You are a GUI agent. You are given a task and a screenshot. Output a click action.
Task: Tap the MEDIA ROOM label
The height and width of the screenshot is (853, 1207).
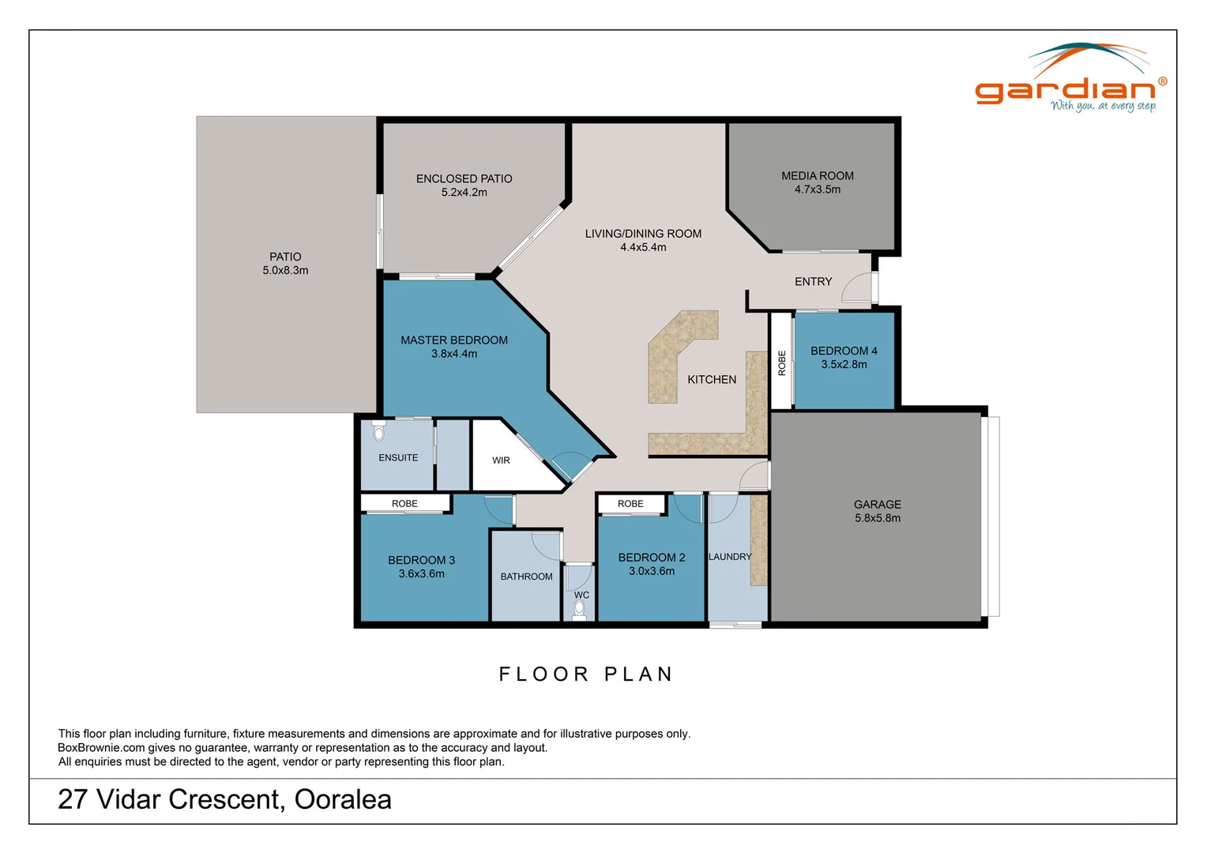click(818, 176)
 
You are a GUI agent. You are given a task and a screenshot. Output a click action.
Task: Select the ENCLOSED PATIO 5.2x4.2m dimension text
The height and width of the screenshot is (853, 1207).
click(464, 193)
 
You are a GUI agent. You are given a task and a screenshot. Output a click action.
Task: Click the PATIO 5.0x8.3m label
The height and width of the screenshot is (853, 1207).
click(285, 263)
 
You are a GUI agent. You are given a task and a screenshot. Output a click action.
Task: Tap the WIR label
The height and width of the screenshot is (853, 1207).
click(501, 460)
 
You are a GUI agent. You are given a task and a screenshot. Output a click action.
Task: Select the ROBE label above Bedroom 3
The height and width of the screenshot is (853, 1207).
click(404, 504)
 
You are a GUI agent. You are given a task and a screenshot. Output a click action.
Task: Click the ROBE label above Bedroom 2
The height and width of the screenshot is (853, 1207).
click(630, 504)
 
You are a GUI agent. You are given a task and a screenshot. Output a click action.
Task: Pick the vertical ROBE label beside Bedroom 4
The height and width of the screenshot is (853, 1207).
click(782, 363)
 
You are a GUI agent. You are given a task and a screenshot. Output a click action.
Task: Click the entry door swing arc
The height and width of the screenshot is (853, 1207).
click(855, 287)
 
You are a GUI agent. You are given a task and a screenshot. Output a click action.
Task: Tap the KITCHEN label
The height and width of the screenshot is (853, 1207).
click(712, 380)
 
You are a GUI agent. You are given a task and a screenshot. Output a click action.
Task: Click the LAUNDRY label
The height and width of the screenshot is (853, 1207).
click(730, 557)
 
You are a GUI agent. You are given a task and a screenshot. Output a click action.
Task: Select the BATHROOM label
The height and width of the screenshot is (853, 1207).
click(526, 577)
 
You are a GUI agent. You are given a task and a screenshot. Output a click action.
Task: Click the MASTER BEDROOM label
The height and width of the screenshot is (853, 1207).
click(454, 340)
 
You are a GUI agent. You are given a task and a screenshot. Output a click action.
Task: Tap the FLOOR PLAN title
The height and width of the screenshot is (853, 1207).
click(586, 674)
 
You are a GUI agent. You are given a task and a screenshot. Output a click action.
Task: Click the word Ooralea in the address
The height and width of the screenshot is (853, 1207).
click(343, 799)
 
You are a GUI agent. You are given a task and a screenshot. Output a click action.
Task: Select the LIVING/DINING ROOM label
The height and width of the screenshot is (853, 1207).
click(643, 234)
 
